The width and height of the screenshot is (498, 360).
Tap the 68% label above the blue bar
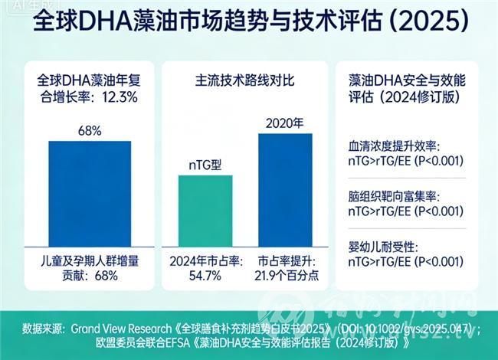click(x=90, y=130)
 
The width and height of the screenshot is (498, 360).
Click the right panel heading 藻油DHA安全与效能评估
click(x=398, y=88)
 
